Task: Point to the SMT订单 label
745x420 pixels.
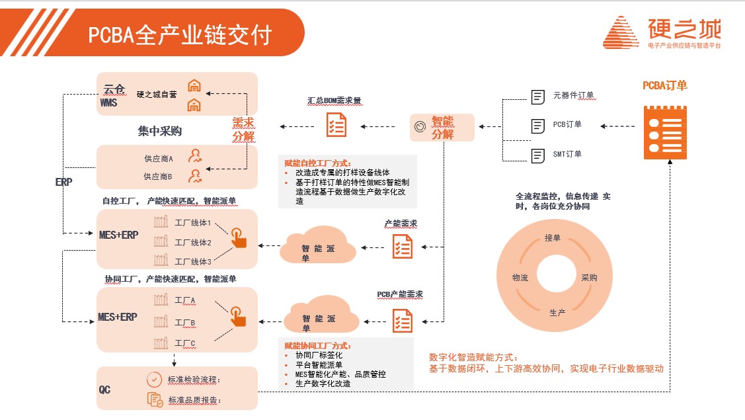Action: point(567,155)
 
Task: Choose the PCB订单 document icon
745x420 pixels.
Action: point(538,125)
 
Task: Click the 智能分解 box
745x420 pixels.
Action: point(442,127)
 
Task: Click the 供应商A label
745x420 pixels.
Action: point(158,159)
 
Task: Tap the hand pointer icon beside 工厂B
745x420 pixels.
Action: point(238,315)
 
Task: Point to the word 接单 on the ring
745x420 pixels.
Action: point(553,238)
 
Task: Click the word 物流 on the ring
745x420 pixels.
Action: point(520,278)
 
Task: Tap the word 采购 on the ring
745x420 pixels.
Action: point(589,278)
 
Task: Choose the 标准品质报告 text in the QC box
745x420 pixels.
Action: point(194,400)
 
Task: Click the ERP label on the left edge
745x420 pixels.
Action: point(64,181)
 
